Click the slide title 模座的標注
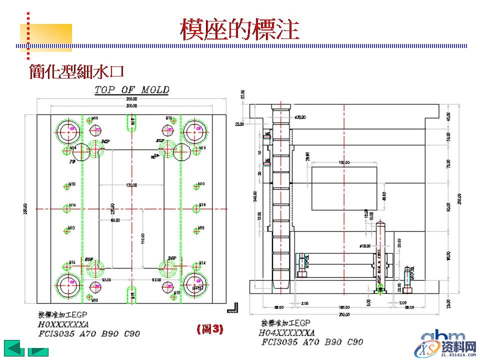tap(239, 29)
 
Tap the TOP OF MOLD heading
tap(132, 90)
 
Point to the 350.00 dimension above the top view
tap(132, 99)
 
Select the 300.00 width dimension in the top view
tap(132, 106)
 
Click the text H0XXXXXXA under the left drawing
tap(63, 324)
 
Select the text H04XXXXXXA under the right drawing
tap(287, 332)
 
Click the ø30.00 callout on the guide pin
tap(300, 117)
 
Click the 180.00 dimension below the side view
tap(344, 307)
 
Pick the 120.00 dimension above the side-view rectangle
tap(344, 163)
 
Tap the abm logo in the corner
tap(443, 335)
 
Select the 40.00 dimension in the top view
tap(116, 219)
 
